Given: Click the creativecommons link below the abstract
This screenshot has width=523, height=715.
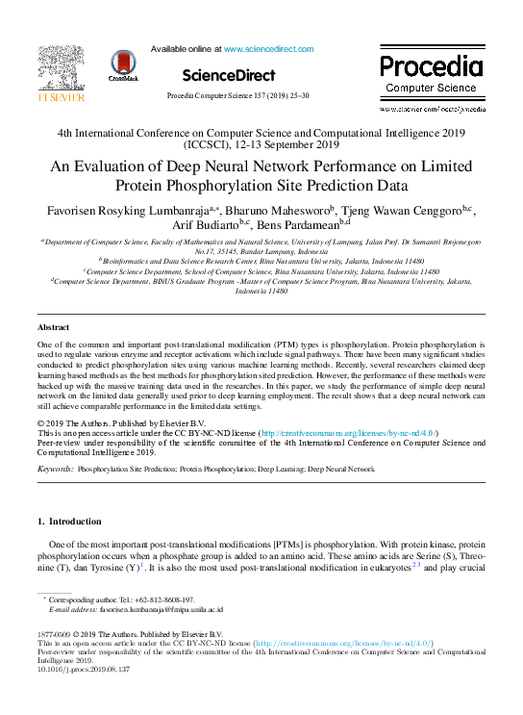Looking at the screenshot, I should coord(350,434).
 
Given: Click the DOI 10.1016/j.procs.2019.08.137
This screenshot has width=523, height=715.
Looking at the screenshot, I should coord(80,671).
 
